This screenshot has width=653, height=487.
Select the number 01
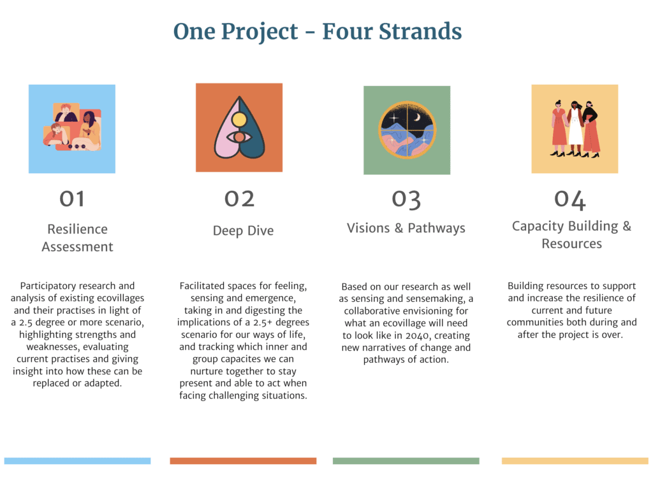[x=72, y=199]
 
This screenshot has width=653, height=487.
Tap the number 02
[x=240, y=199]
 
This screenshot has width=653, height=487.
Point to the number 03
[x=406, y=200]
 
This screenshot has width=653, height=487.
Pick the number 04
[x=570, y=200]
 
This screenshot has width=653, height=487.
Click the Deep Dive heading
[x=243, y=230]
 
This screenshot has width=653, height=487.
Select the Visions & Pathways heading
[x=406, y=228]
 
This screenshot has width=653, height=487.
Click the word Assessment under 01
[x=77, y=246]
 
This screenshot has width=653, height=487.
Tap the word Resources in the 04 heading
[x=572, y=243]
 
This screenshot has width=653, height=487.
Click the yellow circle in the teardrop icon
[x=239, y=119]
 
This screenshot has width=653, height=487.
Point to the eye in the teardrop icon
[x=239, y=137]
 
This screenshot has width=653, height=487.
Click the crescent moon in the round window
[x=417, y=118]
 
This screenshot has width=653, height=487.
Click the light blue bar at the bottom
[x=77, y=461]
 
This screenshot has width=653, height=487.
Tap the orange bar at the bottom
[x=243, y=461]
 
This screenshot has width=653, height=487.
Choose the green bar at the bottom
[x=406, y=461]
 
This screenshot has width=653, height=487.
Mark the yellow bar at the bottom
[x=575, y=461]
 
